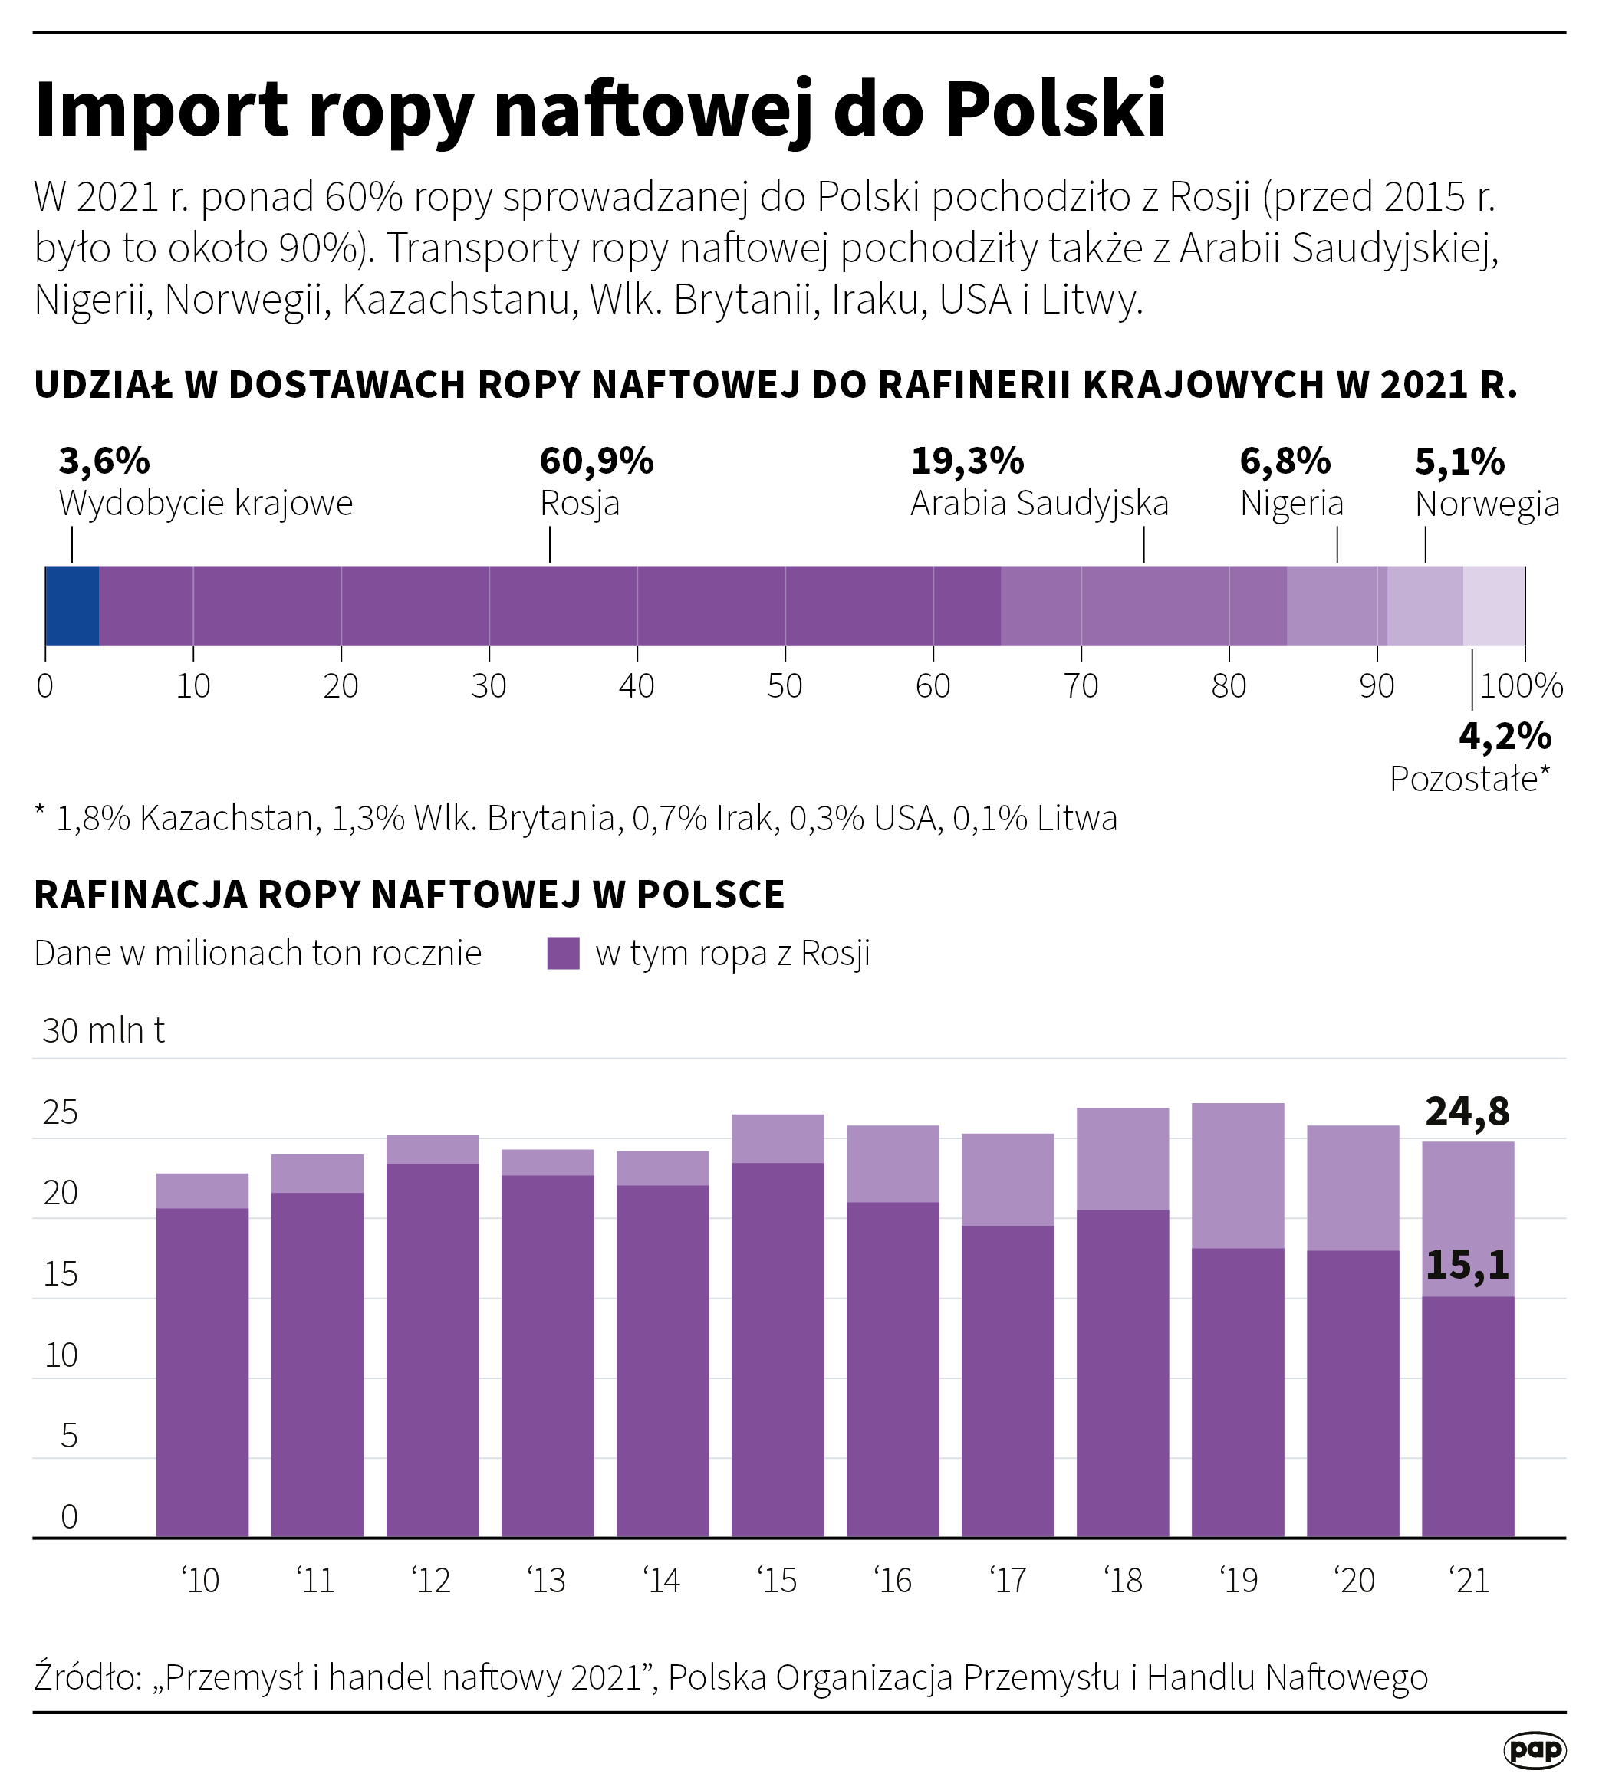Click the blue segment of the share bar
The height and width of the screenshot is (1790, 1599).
[72, 606]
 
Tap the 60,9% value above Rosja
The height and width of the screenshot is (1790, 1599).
[597, 461]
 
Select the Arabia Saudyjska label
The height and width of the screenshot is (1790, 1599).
[1039, 504]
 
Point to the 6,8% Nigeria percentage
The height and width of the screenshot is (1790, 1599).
[1285, 461]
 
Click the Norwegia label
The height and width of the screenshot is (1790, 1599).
[1486, 504]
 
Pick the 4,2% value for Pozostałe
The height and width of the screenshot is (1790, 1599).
[1504, 736]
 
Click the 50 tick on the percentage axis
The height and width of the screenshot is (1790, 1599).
[785, 686]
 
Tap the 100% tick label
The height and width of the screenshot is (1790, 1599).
[1521, 686]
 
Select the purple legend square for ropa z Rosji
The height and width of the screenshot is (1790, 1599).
[563, 953]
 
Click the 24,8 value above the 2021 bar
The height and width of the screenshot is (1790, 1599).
[1467, 1112]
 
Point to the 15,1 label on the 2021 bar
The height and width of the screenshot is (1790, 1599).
[1467, 1265]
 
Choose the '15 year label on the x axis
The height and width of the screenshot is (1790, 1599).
[778, 1581]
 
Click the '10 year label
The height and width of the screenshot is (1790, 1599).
[201, 1581]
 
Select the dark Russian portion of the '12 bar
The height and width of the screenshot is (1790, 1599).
[433, 1352]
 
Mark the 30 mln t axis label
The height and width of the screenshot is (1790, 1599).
[103, 1030]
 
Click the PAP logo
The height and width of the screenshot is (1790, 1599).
[1535, 1750]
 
